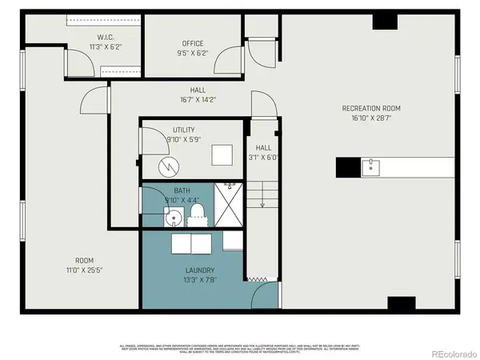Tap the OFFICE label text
coord(193,43)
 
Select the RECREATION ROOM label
coord(370,108)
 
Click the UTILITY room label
coord(183,130)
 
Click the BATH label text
coord(182,190)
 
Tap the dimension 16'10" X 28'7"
coord(370,117)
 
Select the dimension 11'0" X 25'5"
coord(84,269)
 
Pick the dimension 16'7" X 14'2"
coord(198,100)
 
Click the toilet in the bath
coord(197,212)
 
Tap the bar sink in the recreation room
coord(370,167)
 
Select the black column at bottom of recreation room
coord(401,304)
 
